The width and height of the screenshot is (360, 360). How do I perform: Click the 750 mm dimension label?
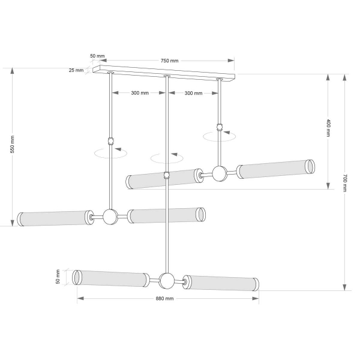click(169, 61)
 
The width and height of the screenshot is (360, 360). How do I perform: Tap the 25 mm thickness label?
click(76, 70)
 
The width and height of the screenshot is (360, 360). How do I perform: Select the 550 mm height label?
click(12, 144)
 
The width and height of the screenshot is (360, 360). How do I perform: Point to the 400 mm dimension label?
click(329, 128)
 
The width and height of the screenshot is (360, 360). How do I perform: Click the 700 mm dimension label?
click(345, 183)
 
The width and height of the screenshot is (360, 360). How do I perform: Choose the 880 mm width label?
click(164, 298)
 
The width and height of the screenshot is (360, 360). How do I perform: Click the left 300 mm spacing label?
click(140, 93)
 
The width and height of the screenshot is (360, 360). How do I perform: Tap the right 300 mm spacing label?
click(193, 93)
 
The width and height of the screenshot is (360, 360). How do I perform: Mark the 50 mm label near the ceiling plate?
click(97, 56)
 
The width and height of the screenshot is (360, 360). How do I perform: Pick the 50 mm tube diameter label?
click(58, 277)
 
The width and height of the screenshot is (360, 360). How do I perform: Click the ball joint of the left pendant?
click(110, 217)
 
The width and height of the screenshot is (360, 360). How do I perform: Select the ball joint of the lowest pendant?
click(167, 281)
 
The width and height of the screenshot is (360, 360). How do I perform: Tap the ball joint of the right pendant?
click(220, 173)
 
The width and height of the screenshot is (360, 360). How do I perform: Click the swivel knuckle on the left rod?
click(111, 141)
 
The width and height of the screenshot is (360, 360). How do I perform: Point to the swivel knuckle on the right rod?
click(220, 127)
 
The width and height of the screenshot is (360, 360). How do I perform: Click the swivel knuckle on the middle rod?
click(167, 175)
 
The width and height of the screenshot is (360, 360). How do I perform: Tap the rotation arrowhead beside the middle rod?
click(174, 154)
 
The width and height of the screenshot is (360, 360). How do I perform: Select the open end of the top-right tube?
click(310, 167)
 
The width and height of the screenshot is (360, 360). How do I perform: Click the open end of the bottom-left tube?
click(77, 277)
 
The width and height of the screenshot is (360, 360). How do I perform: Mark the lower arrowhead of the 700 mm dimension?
click(344, 287)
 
